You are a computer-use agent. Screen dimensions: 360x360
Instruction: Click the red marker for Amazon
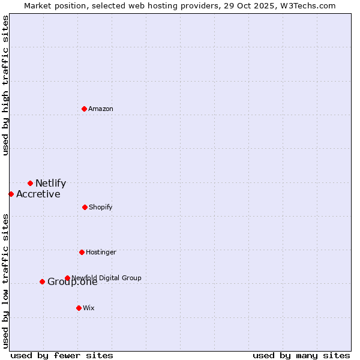point(84,109)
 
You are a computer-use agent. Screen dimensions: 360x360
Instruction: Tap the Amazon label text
point(101,109)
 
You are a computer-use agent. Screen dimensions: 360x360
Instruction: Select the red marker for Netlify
point(30,183)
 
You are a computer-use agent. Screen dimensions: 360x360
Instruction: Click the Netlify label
point(50,184)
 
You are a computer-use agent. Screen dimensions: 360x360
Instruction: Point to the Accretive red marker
point(11,194)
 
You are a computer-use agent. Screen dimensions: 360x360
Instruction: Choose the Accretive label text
point(38,194)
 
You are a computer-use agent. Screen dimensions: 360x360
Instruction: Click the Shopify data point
point(85,207)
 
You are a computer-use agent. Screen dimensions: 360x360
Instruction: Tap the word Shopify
point(101,208)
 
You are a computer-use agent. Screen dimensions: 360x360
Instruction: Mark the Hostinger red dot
point(82,252)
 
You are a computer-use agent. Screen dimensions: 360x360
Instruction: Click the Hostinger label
point(101,253)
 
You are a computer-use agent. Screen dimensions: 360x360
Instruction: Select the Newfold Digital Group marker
point(67,278)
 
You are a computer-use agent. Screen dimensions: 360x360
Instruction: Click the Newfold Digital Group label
point(106,278)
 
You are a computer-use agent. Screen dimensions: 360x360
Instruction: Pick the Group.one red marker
point(42,281)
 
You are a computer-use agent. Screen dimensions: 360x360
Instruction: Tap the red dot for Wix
point(79,308)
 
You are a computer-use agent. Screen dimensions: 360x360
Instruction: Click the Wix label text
point(89,308)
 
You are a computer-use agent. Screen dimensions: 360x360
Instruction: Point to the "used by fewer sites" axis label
point(62,355)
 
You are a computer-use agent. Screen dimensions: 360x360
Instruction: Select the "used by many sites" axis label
point(301,355)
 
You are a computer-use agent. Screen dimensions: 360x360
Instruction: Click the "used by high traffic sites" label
point(5,85)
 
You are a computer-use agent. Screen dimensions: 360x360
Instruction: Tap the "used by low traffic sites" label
point(5,281)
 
